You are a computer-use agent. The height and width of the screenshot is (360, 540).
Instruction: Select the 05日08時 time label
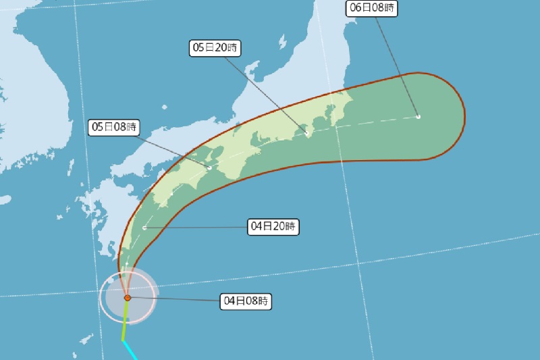point(114,126)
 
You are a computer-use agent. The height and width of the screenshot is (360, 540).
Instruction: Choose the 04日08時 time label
point(246,301)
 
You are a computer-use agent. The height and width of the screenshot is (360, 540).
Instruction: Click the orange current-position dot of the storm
point(127,297)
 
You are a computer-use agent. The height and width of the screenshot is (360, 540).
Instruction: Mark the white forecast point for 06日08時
point(418,117)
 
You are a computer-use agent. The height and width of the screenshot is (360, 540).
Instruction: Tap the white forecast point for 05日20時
point(307,134)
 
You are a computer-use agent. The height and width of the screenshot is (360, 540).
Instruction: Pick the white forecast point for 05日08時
point(209,168)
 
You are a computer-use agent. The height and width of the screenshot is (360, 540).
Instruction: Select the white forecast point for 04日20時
point(144,228)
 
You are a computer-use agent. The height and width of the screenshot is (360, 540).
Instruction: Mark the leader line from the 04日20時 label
point(196,228)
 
